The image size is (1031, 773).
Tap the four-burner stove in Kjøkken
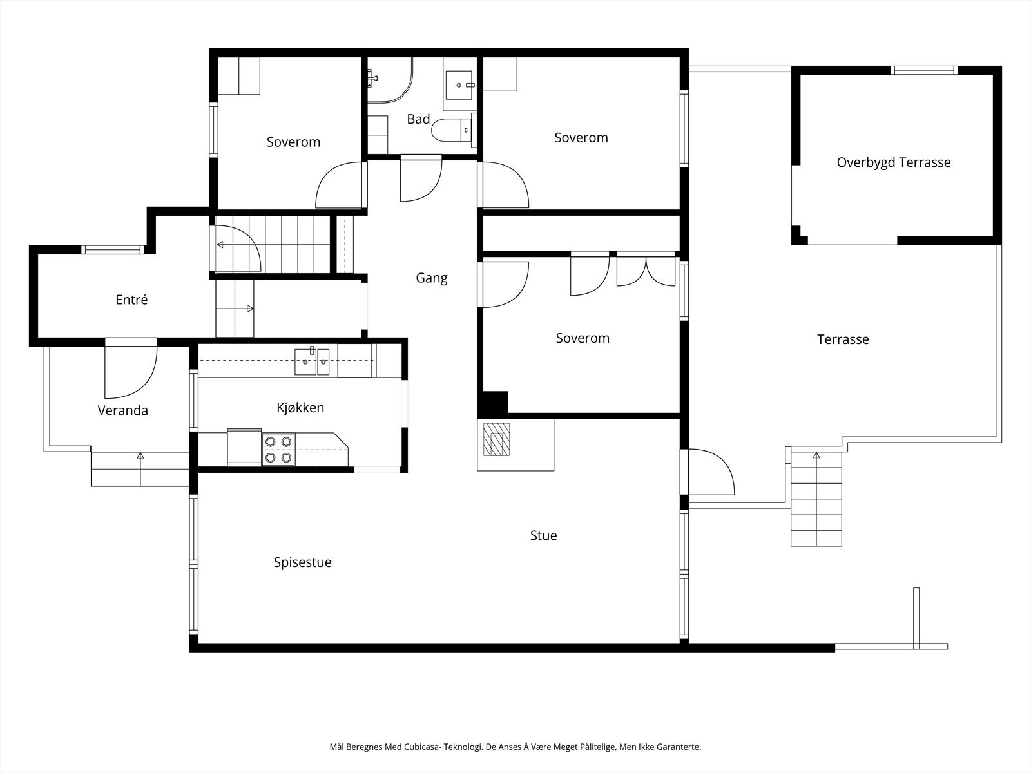(278, 449)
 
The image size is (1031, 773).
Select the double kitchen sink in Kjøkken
(312, 361)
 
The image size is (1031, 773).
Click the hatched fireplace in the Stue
(496, 439)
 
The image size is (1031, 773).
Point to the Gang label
(432, 278)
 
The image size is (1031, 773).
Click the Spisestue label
(303, 562)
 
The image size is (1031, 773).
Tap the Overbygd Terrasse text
(894, 162)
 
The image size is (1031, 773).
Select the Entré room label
(131, 300)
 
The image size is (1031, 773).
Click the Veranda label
(122, 411)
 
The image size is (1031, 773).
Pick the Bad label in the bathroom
(418, 119)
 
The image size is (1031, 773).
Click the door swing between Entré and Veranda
(131, 368)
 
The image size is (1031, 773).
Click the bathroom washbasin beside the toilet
(458, 85)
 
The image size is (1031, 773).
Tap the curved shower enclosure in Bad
(390, 81)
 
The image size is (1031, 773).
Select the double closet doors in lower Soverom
(646, 269)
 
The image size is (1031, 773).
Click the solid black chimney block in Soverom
(493, 403)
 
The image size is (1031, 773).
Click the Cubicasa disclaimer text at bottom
(515, 747)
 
